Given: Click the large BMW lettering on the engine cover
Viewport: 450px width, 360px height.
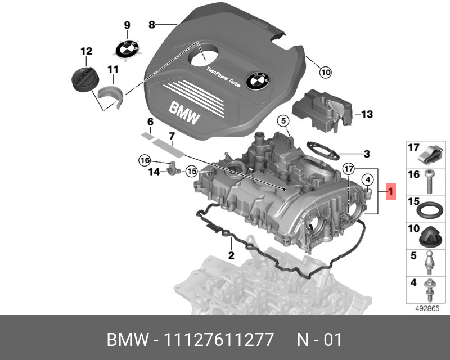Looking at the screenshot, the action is pyautogui.click(x=183, y=112).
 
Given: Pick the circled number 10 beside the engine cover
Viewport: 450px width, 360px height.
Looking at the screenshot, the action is pyautogui.click(x=325, y=72).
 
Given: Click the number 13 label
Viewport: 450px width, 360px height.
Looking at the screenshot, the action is pyautogui.click(x=367, y=115).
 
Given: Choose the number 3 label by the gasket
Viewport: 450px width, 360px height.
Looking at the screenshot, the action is pyautogui.click(x=366, y=153).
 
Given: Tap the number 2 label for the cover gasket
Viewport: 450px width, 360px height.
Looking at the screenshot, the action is pyautogui.click(x=231, y=256).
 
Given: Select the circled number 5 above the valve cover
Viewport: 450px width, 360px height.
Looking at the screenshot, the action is pyautogui.click(x=282, y=120).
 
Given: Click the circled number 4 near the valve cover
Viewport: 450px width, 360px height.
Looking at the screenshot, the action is pyautogui.click(x=367, y=180).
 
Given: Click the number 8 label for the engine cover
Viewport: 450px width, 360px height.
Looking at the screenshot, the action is pyautogui.click(x=151, y=25).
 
